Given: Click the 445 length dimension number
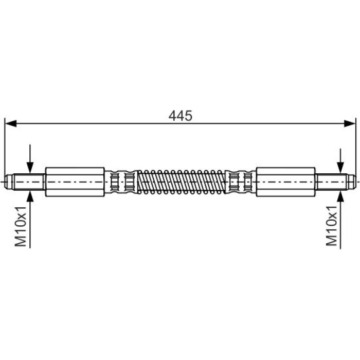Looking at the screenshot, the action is tap(180, 116).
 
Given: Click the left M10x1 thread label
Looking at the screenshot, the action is tap(21, 226).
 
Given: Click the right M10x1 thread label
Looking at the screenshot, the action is tap(332, 226).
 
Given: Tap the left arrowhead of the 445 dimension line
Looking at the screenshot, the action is tap(11, 123).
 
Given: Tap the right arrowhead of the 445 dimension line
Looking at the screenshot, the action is tap(349, 123).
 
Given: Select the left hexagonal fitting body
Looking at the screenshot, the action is tap(75, 182).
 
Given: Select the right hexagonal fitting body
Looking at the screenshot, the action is tap(285, 182).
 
